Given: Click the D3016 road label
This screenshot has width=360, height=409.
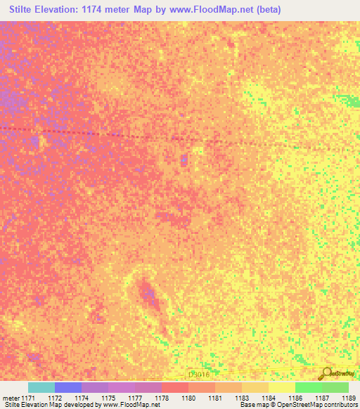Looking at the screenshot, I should click(x=199, y=375).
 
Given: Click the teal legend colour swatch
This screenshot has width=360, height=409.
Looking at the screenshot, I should click(x=41, y=387).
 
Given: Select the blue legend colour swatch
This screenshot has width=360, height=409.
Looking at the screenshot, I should click(x=68, y=387).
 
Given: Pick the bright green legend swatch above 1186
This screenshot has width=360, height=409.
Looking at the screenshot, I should click(x=308, y=387).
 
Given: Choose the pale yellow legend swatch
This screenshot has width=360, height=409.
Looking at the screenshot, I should click(x=282, y=387).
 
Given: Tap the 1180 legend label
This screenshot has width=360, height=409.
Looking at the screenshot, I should click(x=188, y=398).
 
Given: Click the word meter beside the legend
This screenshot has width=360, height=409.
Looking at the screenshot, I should click(x=11, y=398).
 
